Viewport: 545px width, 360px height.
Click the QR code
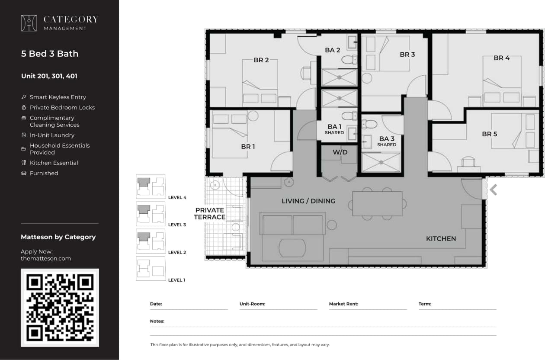tap(60, 308)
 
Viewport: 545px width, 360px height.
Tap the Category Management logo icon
tap(29, 23)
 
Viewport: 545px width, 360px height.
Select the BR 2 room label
tap(261, 60)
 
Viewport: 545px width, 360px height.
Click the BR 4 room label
tap(502, 58)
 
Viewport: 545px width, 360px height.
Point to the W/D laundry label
tap(340, 152)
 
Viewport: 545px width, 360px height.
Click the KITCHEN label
tap(441, 238)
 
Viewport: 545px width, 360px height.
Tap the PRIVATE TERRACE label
tap(210, 214)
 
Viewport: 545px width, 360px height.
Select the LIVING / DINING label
tap(308, 201)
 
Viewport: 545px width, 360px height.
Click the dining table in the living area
tap(377, 203)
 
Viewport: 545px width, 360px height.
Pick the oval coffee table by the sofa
tap(292, 248)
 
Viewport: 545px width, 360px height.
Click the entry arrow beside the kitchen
tap(493, 190)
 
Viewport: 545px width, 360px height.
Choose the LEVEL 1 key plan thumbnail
tap(151, 268)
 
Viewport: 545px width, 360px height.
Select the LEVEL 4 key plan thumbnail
tap(151, 186)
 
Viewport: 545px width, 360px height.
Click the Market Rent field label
tap(343, 304)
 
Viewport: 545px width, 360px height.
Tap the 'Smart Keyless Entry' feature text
tap(58, 97)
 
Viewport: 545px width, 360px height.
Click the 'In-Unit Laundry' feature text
tap(52, 135)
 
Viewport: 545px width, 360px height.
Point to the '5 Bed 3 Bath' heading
tap(50, 54)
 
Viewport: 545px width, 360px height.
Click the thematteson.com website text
tap(46, 258)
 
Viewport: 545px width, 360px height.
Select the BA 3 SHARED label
tap(386, 141)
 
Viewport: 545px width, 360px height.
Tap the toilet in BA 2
tap(348, 59)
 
